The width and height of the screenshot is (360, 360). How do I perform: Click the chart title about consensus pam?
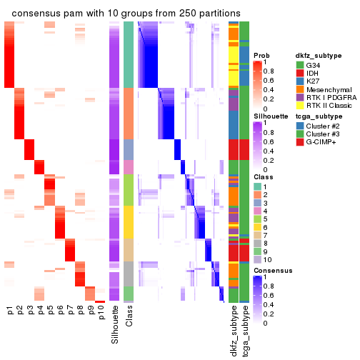coord(126,14)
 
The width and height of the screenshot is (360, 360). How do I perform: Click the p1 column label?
coord(10,311)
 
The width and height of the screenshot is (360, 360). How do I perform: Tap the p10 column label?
coord(101,314)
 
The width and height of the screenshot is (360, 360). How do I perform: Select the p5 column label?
coord(50,311)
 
